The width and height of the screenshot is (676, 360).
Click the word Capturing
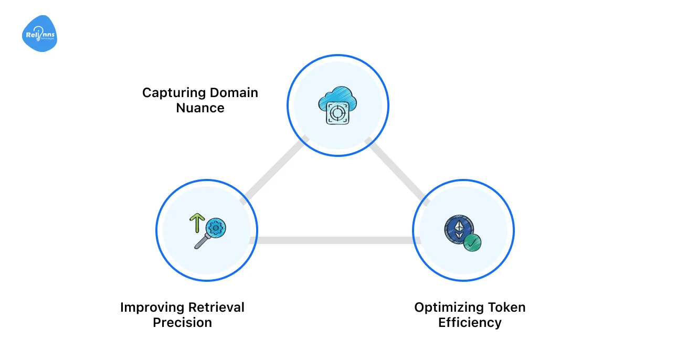tap(174, 93)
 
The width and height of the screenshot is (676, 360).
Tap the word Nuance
tap(200, 108)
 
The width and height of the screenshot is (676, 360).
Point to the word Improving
tap(153, 307)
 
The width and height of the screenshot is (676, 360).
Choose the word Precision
tap(182, 322)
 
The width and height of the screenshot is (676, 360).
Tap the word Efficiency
tap(470, 322)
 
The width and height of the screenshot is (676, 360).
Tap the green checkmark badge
tap(472, 242)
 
